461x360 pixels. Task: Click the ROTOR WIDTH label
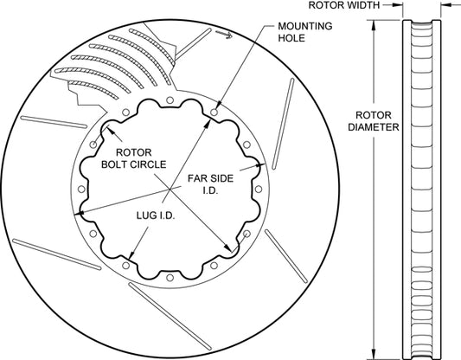point(343,5)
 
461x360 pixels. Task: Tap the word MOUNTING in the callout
point(305,26)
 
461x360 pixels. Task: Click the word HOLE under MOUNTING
point(291,38)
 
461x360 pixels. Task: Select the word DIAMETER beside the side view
point(374,127)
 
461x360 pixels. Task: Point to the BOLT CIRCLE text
point(134,164)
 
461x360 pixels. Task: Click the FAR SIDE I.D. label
point(210,184)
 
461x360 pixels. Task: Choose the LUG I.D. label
point(156,215)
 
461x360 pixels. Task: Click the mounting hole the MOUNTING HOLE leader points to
point(214,112)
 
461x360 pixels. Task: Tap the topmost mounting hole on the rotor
point(170,100)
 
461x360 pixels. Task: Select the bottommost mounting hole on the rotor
point(170,277)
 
